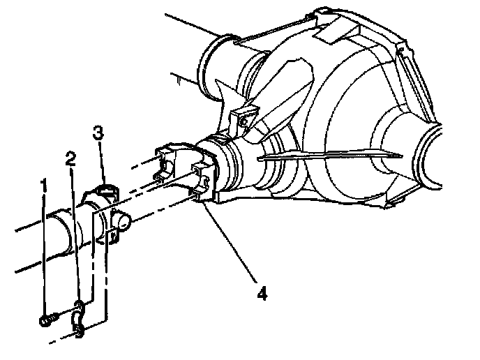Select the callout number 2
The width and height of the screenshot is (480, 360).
tap(70, 159)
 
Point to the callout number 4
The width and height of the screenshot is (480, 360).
tap(262, 293)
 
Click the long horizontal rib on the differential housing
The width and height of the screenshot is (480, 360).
tap(330, 155)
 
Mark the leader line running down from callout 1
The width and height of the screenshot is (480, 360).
tap(45, 256)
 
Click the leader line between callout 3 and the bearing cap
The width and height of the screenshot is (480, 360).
tap(104, 163)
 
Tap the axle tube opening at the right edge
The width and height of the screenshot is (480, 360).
tap(431, 156)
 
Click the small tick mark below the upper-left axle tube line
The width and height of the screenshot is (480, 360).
tap(179, 81)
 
